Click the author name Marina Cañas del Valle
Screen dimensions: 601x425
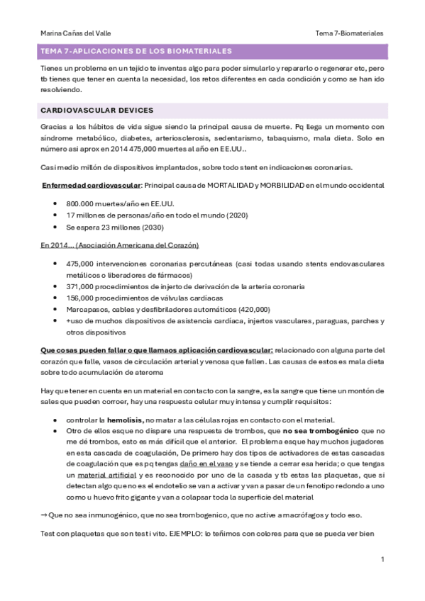click(x=75, y=33)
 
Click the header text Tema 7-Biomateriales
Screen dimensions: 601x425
click(x=349, y=33)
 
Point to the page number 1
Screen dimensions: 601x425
click(x=382, y=560)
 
